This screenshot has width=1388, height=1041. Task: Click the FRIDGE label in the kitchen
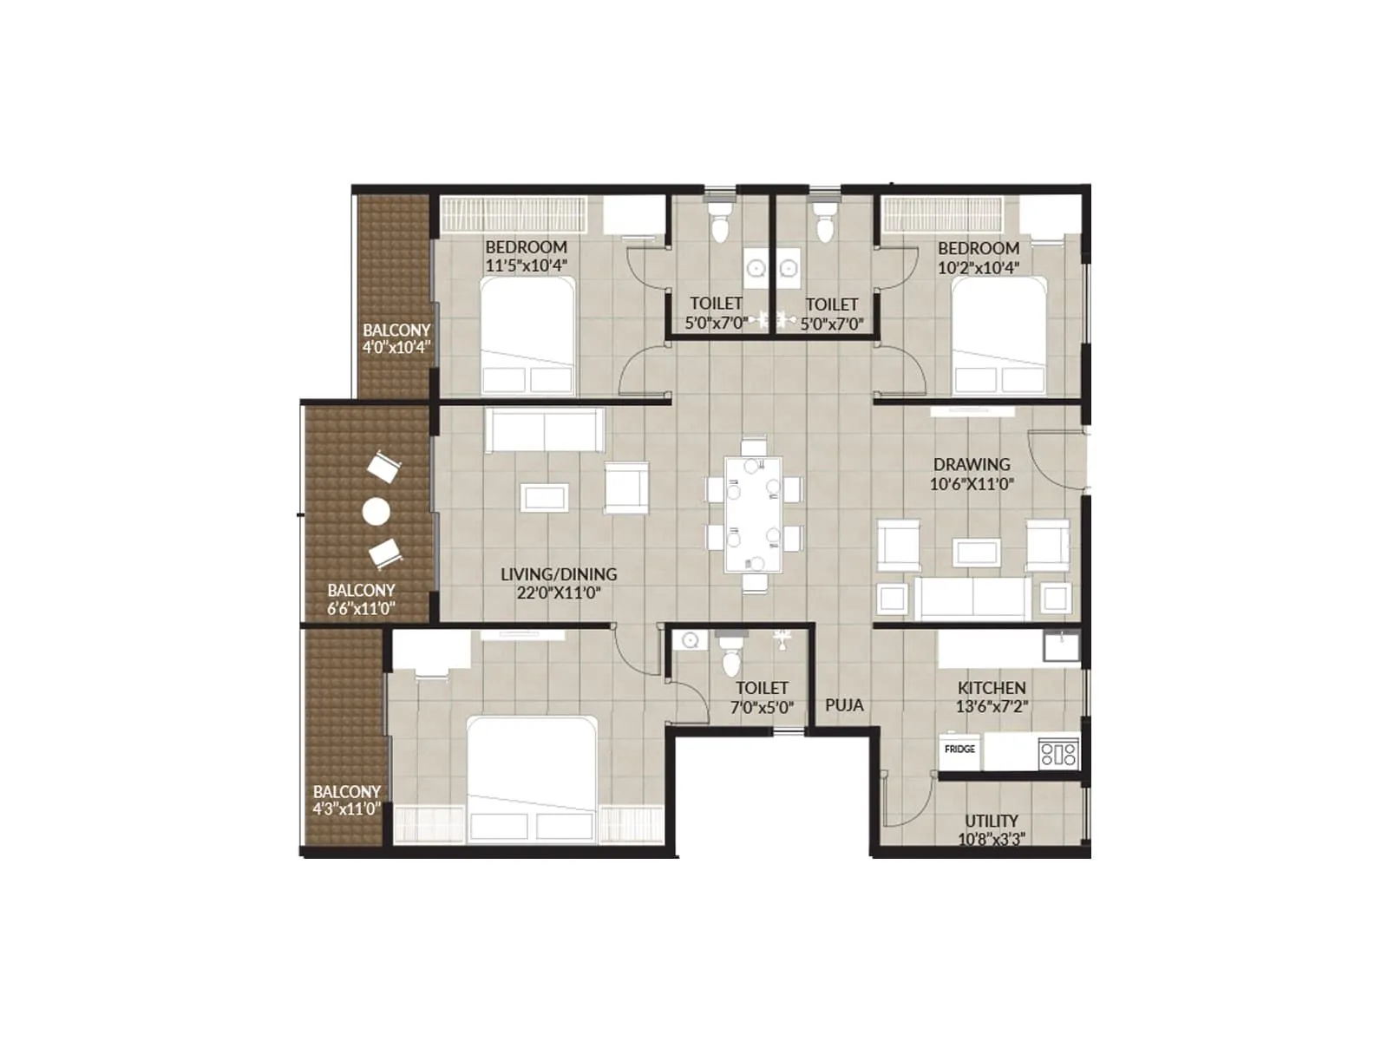coord(959,749)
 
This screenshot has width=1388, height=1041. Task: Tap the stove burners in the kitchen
coord(1058,752)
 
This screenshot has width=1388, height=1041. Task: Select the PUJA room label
coord(844,705)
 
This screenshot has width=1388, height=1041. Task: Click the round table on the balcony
coord(376,512)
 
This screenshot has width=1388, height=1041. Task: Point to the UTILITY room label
coord(991,821)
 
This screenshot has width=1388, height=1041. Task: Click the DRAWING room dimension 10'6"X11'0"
coord(972,484)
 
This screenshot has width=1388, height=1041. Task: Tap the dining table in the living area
coord(753,514)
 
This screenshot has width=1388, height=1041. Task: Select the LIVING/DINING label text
coord(559,574)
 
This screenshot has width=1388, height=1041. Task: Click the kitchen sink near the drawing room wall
coord(1061,645)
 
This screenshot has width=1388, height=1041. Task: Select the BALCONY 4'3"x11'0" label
coord(347,800)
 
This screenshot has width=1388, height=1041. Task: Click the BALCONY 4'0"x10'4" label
coord(396,338)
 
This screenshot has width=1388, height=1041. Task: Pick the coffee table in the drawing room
coord(977,553)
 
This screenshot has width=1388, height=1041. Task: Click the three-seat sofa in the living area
coord(545,430)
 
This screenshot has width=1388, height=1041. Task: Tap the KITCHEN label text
coord(992,688)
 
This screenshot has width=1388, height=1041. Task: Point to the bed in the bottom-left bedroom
coord(531,777)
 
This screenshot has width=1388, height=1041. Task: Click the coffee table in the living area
coord(545,498)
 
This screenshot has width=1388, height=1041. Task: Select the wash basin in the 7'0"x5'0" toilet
coord(691,640)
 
